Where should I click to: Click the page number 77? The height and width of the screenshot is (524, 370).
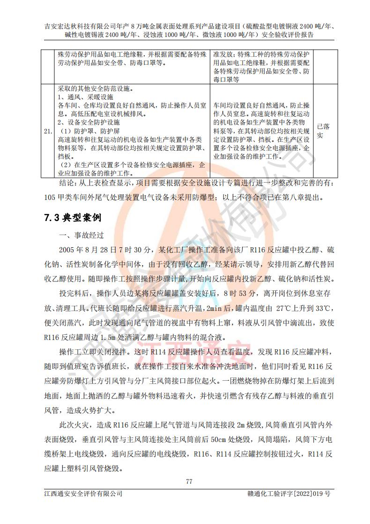pyautogui.click(x=189, y=481)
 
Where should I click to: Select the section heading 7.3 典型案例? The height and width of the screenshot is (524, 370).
pyautogui.click(x=72, y=218)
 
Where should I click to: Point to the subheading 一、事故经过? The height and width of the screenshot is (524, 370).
pyautogui.click(x=80, y=235)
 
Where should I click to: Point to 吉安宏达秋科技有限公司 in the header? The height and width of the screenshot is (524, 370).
pyautogui.click(x=81, y=25)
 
